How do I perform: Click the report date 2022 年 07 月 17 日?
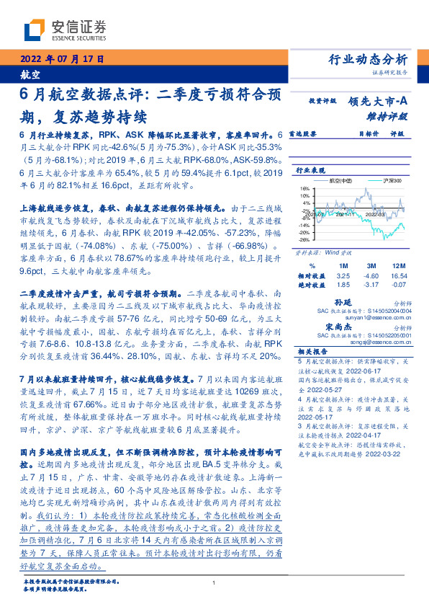coord(60,59)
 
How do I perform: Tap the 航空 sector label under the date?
coord(30,74)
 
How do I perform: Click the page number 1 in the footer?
coord(214,582)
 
